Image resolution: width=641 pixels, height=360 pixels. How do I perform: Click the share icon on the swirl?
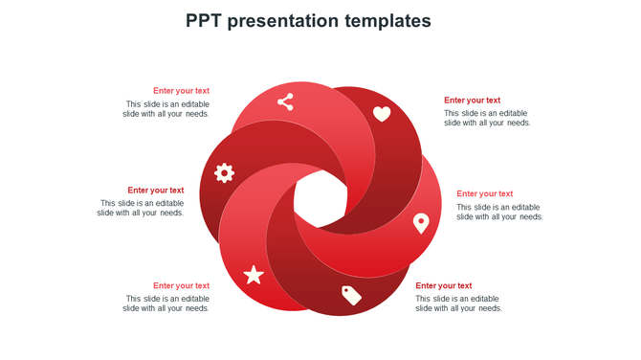(x=285, y=101)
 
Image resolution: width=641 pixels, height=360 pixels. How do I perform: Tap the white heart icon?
(x=382, y=114)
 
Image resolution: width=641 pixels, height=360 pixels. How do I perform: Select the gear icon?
(x=224, y=172)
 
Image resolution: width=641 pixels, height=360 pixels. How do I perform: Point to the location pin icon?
(x=420, y=223)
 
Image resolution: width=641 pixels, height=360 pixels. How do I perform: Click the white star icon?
(x=254, y=276)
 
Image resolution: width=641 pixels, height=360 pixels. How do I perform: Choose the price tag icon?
(x=351, y=295)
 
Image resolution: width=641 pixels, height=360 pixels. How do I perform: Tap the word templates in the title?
(x=391, y=21)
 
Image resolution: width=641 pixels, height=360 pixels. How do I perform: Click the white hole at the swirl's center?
(x=320, y=199)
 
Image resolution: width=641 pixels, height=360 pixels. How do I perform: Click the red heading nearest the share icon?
(x=181, y=91)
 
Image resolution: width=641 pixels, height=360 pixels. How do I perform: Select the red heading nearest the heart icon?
(x=472, y=101)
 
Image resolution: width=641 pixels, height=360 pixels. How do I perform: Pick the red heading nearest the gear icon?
(x=156, y=191)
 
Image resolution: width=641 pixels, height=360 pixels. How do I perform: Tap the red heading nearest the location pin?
(x=484, y=194)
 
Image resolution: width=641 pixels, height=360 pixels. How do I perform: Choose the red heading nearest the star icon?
(x=181, y=285)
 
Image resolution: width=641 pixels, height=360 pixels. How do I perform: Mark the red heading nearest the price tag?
(x=443, y=285)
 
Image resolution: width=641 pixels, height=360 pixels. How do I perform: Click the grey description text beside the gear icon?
(x=141, y=208)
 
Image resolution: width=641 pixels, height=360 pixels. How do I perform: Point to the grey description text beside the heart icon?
(x=487, y=118)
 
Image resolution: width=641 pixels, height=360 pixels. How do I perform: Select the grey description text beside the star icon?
(x=166, y=304)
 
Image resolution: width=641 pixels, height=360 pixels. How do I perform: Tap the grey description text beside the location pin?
(x=499, y=212)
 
